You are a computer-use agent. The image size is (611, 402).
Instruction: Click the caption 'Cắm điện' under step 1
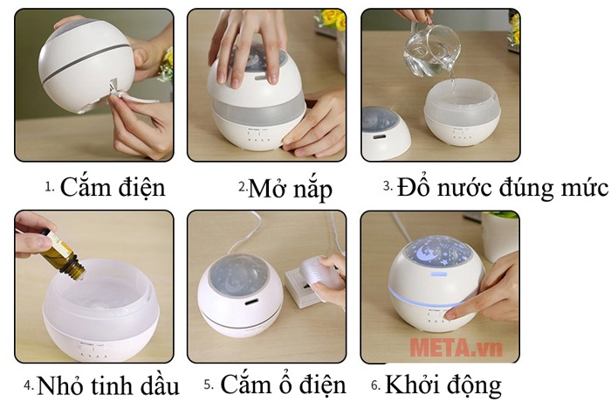pos(113,188)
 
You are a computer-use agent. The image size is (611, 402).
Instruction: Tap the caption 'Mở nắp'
pos(290,190)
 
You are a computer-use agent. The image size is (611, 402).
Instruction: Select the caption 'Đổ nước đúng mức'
pos(502,188)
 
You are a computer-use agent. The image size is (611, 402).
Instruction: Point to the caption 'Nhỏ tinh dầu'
pos(108,385)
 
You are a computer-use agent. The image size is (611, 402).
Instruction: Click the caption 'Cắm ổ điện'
pos(284,385)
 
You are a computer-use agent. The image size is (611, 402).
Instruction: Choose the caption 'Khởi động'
pos(443,385)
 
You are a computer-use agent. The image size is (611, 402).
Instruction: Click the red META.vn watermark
pos(456,347)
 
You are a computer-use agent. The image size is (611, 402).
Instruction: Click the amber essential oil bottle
pos(62,256)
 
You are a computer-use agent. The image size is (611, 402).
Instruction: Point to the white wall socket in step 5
pos(302,287)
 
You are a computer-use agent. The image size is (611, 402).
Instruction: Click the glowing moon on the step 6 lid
pos(425,253)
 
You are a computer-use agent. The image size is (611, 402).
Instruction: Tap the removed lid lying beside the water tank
pos(385,132)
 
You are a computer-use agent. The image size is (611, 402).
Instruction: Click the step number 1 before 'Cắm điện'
pos(49,187)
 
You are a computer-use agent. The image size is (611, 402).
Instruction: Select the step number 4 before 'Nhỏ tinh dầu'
pos(29,385)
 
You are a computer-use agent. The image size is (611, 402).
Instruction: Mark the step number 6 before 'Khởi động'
pos(375,385)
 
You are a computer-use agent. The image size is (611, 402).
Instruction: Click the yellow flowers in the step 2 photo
pos(332,18)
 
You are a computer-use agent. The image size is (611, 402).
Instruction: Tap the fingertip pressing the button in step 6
pos(450,314)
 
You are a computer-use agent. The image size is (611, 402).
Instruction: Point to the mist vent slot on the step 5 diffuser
pos(250,302)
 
